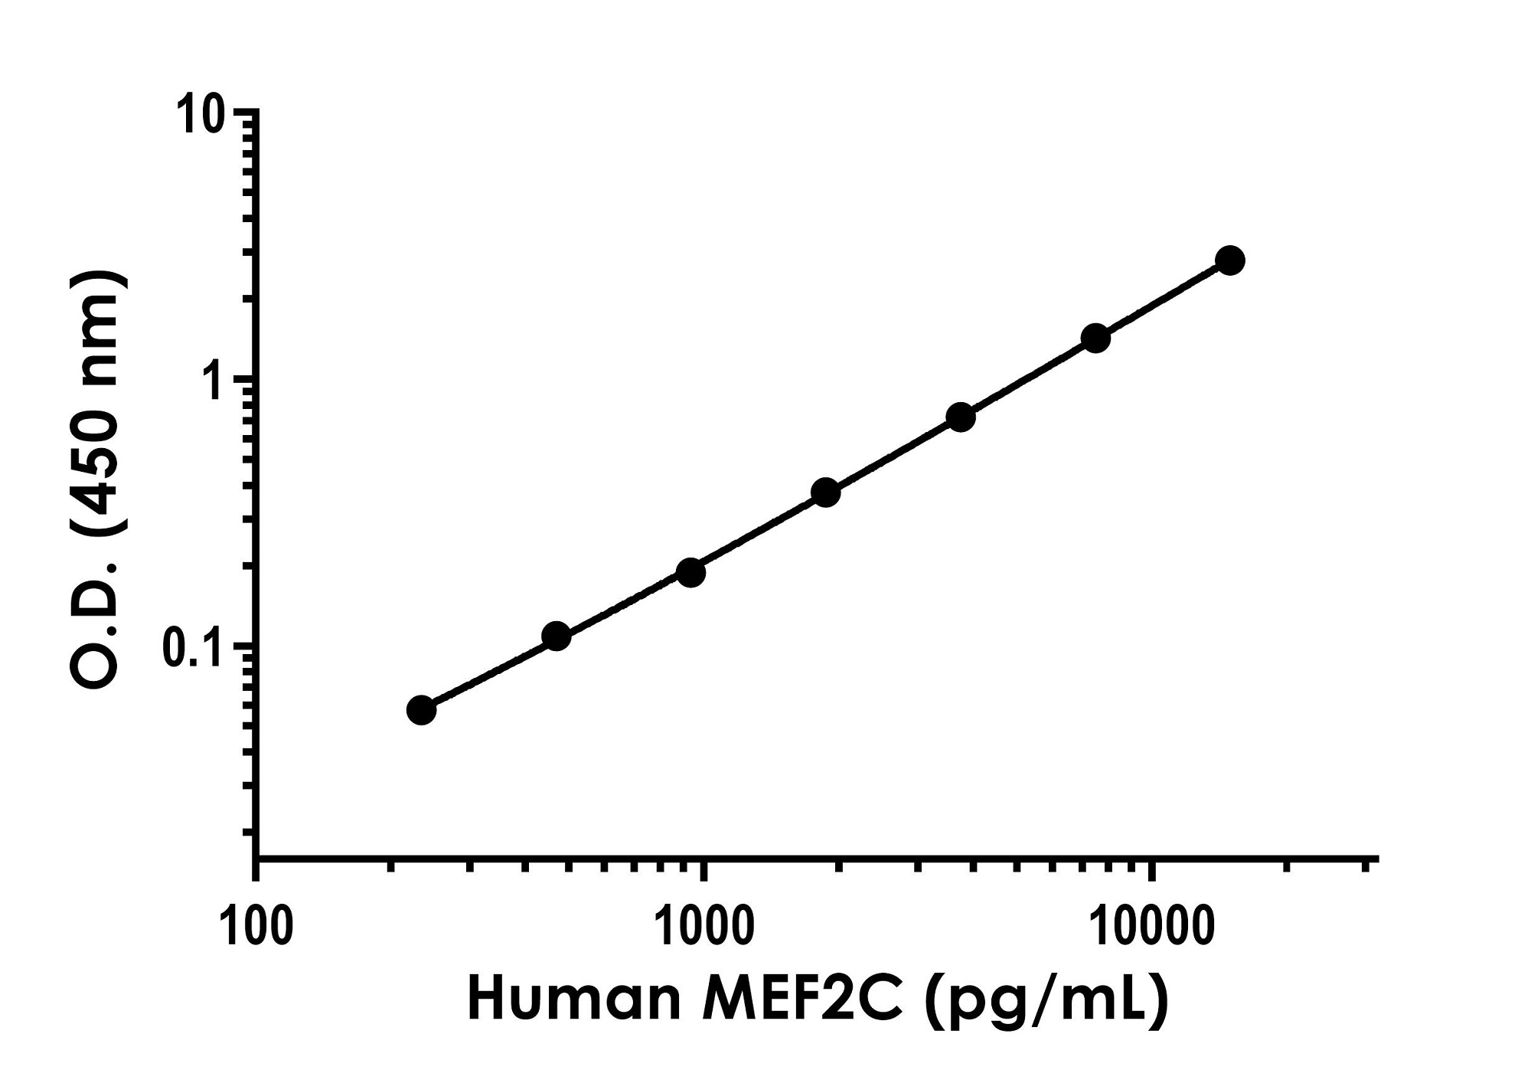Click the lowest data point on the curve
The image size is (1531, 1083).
(x=421, y=710)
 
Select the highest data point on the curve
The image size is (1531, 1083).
(x=1230, y=260)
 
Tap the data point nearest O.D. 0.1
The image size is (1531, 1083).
(x=557, y=636)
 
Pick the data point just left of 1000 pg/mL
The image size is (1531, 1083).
(x=690, y=572)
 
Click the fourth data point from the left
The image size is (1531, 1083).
(x=825, y=492)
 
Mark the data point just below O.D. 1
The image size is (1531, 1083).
(x=961, y=417)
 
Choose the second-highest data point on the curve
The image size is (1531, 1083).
(x=1095, y=338)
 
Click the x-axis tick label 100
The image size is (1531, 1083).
(x=256, y=928)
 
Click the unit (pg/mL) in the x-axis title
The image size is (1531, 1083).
(x=1046, y=1002)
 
